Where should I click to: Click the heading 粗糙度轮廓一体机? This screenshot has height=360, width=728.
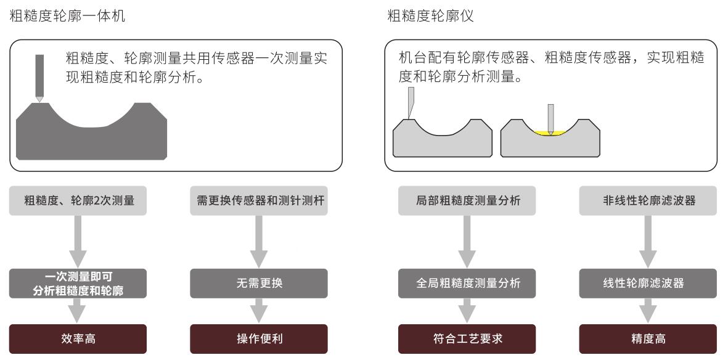[67, 17]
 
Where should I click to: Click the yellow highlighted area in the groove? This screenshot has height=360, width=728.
[550, 133]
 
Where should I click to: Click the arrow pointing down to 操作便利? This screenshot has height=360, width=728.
[258, 311]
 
